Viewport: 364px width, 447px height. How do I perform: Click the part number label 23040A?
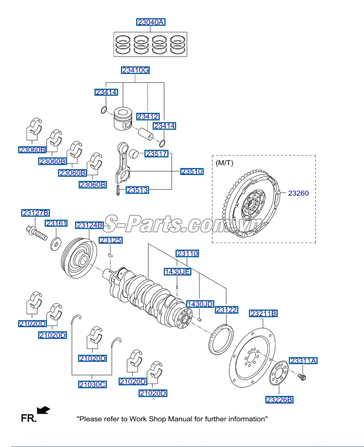pyautogui.click(x=151, y=22)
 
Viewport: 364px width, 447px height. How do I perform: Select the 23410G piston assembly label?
pyautogui.click(x=135, y=70)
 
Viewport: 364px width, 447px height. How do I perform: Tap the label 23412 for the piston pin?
pyautogui.click(x=148, y=117)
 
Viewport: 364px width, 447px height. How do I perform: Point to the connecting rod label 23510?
pyautogui.click(x=191, y=172)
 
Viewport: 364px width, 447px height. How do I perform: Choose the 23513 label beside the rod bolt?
pyautogui.click(x=137, y=190)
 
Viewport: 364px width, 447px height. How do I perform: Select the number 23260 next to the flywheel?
pyautogui.click(x=298, y=193)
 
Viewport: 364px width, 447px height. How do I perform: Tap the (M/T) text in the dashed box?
pyautogui.click(x=225, y=162)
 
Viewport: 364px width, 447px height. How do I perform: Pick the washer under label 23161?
pyautogui.click(x=57, y=243)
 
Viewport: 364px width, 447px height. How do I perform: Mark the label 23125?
pyautogui.click(x=110, y=241)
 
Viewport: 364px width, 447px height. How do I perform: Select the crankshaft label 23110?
pyautogui.click(x=187, y=254)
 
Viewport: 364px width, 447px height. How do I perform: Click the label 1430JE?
pyautogui.click(x=177, y=272)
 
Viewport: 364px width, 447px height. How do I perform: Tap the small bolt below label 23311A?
pyautogui.click(x=302, y=375)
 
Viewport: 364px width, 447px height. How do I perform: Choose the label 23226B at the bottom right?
pyautogui.click(x=279, y=399)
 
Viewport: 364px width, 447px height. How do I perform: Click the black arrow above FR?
pyautogui.click(x=43, y=409)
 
